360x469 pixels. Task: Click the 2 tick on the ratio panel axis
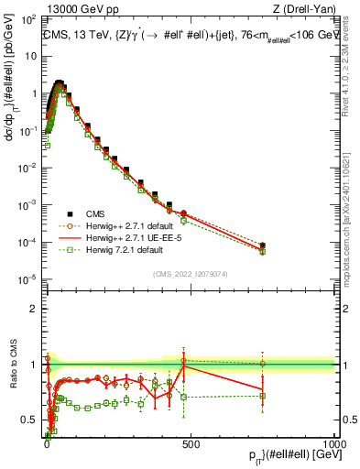35,308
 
